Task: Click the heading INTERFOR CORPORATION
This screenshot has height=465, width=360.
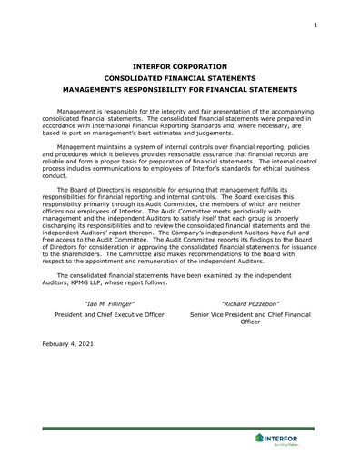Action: pyautogui.click(x=179, y=66)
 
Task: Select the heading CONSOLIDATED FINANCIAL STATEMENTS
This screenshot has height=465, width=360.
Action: pyautogui.click(x=179, y=78)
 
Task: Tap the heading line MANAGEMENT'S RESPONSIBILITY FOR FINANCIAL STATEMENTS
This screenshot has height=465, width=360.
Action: pyautogui.click(x=179, y=90)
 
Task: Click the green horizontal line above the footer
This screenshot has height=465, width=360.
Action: pyautogui.click(x=179, y=428)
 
